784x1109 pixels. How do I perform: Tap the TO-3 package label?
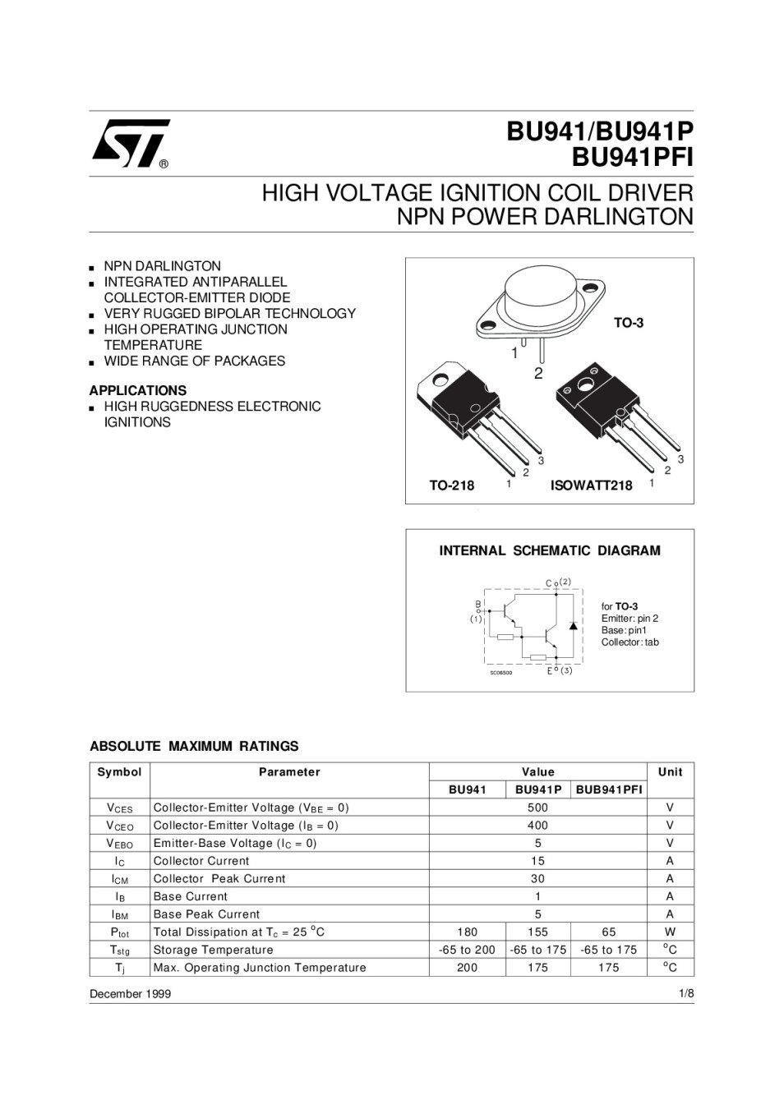tap(629, 323)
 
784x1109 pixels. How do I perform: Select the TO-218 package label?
tap(451, 485)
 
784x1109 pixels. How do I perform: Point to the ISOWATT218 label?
tap(591, 485)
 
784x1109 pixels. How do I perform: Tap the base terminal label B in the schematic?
tap(477, 605)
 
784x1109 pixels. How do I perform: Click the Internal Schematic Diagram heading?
tap(550, 550)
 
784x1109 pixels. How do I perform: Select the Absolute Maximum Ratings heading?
tap(194, 747)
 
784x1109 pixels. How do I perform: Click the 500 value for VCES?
tap(537, 808)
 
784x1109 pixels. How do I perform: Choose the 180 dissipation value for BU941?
tap(467, 932)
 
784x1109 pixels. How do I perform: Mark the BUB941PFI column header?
tap(609, 790)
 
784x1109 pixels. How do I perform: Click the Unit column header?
tap(670, 772)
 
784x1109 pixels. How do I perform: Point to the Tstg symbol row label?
tap(119, 950)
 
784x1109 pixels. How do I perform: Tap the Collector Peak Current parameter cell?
tap(219, 879)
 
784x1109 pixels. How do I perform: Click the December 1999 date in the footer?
tap(130, 994)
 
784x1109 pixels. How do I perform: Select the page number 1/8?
tap(686, 994)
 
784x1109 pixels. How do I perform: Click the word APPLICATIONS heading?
tap(138, 391)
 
